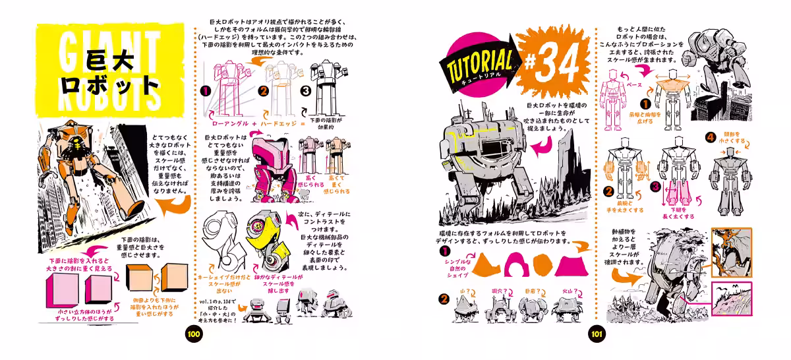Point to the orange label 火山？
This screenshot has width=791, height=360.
(568, 289)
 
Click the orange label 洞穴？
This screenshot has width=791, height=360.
(498, 289)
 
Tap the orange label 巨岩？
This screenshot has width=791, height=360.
(534, 289)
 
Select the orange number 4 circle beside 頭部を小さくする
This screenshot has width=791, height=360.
(710, 138)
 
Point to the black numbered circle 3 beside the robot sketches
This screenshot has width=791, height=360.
(305, 92)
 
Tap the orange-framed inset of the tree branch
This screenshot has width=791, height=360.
(732, 251)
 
